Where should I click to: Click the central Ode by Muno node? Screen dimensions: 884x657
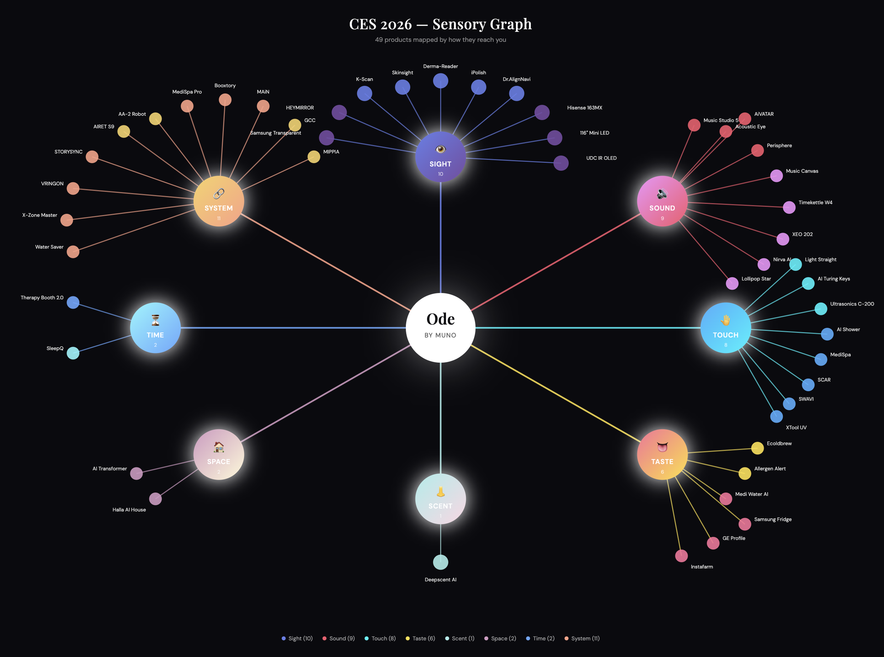coord(440,327)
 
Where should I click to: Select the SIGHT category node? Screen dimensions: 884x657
coord(440,157)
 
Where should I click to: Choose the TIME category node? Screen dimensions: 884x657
coord(155,327)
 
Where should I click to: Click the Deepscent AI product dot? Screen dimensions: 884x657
coord(440,562)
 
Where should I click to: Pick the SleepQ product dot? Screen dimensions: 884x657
coord(73,353)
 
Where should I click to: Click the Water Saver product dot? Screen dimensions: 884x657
coord(73,251)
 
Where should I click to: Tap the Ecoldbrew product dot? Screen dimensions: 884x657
coord(757,448)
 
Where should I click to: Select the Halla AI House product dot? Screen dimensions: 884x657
coord(155,498)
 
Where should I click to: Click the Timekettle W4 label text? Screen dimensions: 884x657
coord(815,203)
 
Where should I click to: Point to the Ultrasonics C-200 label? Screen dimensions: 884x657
coord(852,304)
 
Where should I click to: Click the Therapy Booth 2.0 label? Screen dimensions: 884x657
coord(42,298)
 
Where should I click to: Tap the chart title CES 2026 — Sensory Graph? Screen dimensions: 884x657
coord(440,24)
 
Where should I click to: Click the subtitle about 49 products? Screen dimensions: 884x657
coord(440,40)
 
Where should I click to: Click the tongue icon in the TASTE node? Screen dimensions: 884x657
coord(662,447)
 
